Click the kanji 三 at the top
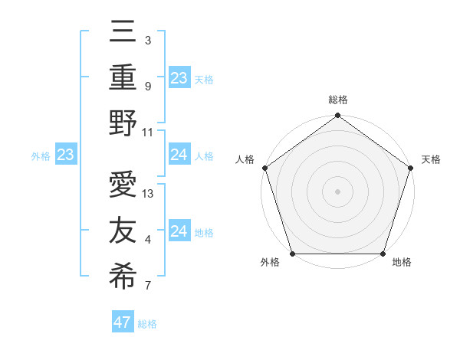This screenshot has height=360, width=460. coord(123,32)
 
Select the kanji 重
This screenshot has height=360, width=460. coord(123,77)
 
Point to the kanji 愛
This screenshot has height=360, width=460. coord(123,186)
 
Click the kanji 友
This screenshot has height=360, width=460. coord(123,231)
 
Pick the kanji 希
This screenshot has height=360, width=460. coord(123,277)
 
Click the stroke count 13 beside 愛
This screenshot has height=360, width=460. coord(149,194)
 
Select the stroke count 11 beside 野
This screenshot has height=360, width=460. coord(148,132)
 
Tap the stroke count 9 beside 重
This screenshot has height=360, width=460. coord(147,87)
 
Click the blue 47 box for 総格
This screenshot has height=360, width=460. coord(123,322)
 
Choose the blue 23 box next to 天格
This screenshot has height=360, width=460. coord(179,77)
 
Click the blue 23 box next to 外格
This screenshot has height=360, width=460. coord(66,155)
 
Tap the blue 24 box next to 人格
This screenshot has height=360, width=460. coord(179,155)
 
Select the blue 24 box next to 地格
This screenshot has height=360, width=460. coord(179,231)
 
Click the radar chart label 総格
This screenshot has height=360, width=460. coord(337,100)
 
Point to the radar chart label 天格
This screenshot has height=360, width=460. coord(431,159)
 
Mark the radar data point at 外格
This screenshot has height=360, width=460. coord(292,254)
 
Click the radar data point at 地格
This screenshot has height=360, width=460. coord(383,254)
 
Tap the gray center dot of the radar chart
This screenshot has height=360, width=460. coord(337,191)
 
